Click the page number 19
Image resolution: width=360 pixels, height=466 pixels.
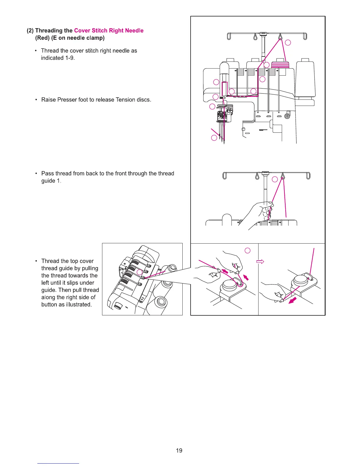point(179,450)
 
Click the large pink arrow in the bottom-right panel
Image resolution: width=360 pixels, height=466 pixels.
point(293,300)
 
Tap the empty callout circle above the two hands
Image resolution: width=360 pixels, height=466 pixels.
point(248,250)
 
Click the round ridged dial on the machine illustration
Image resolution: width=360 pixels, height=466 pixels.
point(118,306)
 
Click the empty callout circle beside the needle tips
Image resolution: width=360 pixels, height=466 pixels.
point(214,138)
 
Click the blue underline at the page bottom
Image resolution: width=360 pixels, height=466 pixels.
point(58,463)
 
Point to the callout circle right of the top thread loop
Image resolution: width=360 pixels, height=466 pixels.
point(288,43)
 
